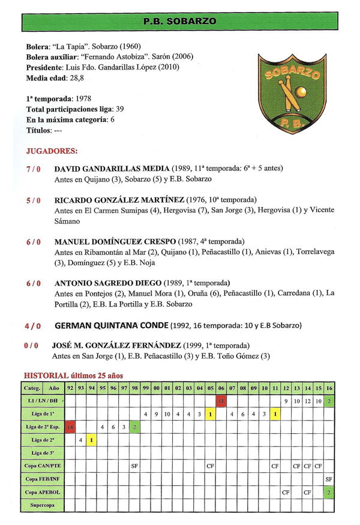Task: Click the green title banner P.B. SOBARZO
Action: pos(180,22)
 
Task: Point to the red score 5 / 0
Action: pos(33,200)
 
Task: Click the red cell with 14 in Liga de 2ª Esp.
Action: pos(70,427)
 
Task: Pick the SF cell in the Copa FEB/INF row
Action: pos(329,479)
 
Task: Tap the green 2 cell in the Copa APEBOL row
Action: pos(329,492)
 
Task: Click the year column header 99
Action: pos(146,388)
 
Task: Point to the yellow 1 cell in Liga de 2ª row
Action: pos(92,440)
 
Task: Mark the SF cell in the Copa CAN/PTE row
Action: pos(135,466)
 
